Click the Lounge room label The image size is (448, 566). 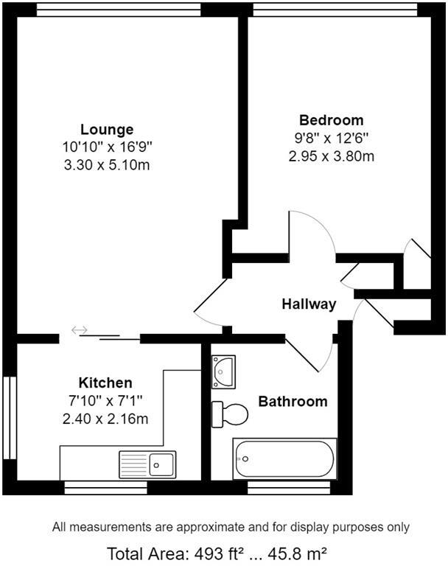coord(107,130)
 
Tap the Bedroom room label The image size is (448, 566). coord(331,120)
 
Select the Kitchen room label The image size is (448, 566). coord(105,382)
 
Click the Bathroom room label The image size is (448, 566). coord(293,402)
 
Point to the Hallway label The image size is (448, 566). coord(309,304)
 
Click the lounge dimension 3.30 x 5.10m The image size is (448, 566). coord(107,165)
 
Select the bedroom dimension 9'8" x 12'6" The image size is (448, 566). coord(331,138)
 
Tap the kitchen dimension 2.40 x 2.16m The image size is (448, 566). coord(105,419)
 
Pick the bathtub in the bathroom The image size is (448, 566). coord(284,458)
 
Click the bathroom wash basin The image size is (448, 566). coord(222,371)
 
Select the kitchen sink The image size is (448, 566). coord(147,464)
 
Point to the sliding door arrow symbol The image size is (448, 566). coord(79,329)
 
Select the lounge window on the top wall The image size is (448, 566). coord(118,9)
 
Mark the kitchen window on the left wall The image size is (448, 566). coord(10,417)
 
